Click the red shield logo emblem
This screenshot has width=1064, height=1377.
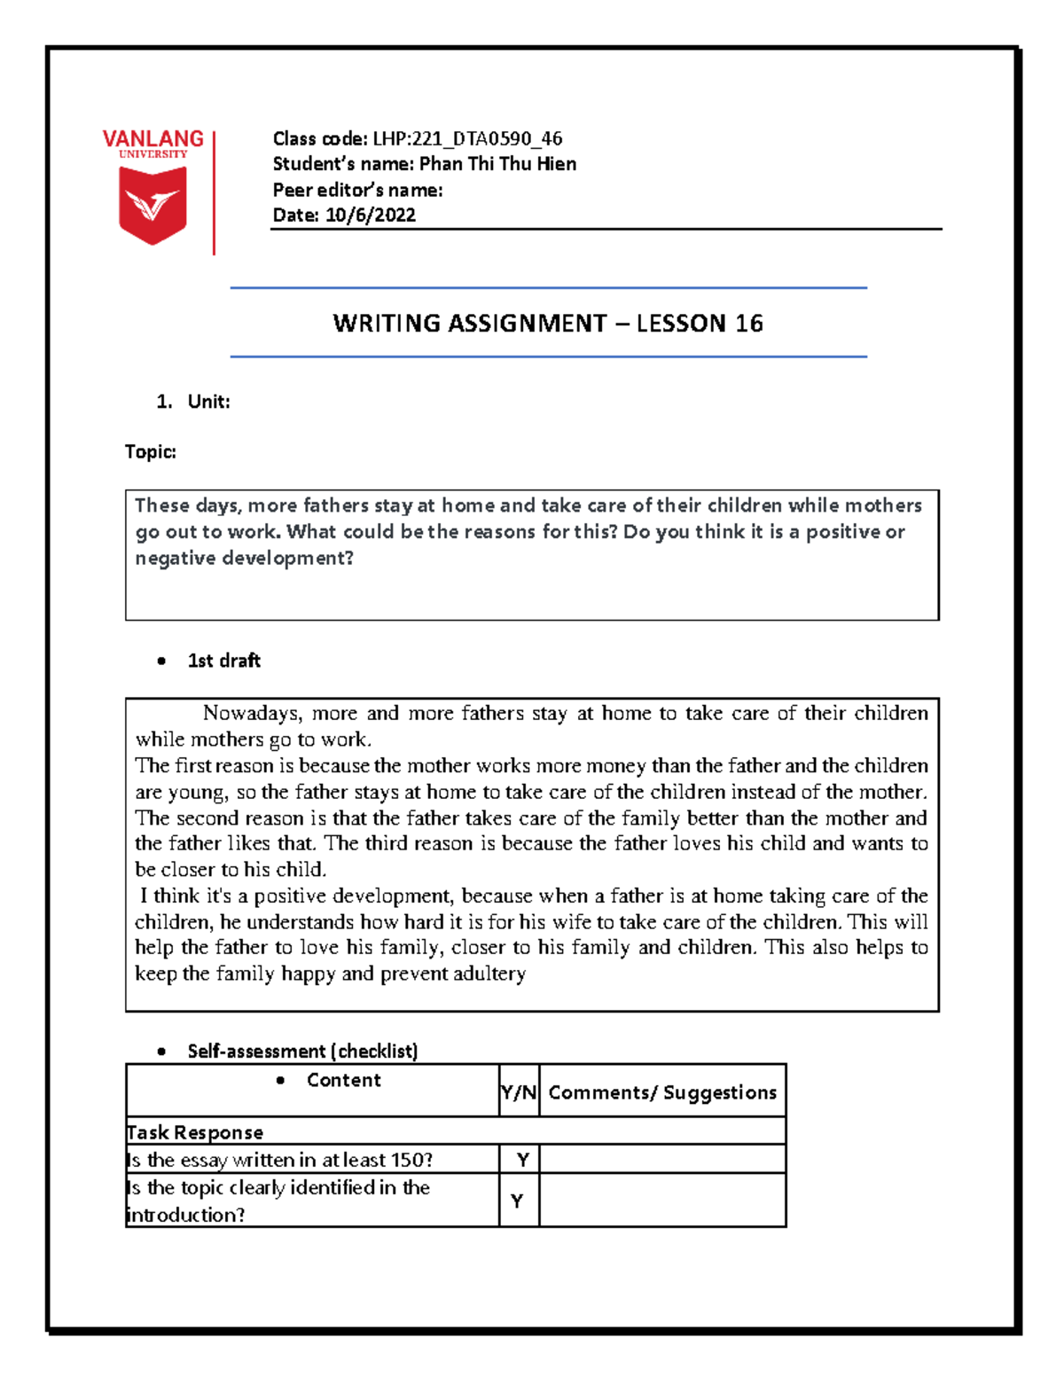click(x=153, y=205)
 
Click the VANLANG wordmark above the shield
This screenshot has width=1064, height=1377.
click(x=153, y=139)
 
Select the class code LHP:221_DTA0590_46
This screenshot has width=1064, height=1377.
click(x=466, y=138)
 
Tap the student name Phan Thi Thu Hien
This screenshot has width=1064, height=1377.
click(x=497, y=164)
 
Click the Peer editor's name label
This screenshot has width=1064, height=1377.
click(x=357, y=190)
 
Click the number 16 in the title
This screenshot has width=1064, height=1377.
click(x=748, y=324)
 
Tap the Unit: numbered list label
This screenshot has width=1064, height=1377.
click(x=208, y=402)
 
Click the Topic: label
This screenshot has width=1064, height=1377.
click(x=151, y=452)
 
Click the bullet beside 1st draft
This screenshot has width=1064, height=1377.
click(x=160, y=661)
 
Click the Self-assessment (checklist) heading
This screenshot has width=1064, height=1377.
click(x=302, y=1052)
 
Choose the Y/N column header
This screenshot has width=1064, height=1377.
click(x=519, y=1092)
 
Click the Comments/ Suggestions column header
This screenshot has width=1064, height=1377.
click(x=662, y=1092)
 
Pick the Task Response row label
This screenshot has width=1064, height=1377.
click(x=195, y=1132)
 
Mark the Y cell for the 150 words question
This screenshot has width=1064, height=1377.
click(x=522, y=1160)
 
